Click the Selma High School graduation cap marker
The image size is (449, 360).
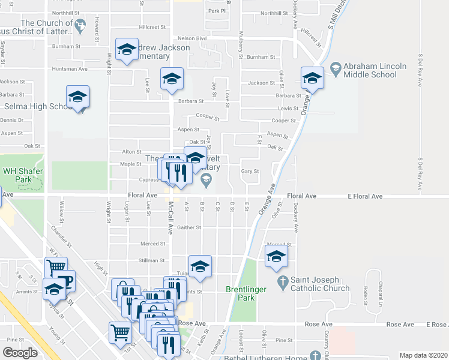pos(78,97)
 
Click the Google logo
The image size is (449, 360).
pos(20,353)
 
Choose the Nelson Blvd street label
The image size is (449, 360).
pos(193,38)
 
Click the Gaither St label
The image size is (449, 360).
pos(188,228)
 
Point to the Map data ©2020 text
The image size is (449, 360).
pos(423,355)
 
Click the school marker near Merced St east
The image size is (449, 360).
pos(276,256)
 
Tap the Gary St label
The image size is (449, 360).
pos(250,171)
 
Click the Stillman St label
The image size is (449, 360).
pos(152,260)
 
